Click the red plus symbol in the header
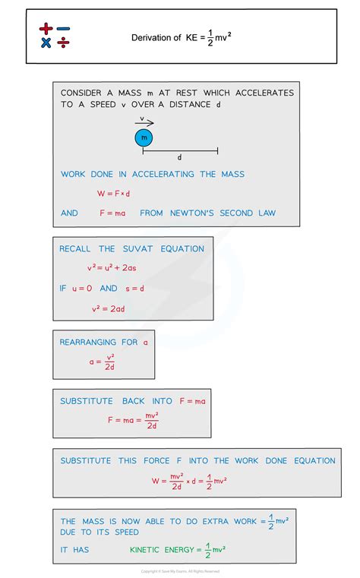pos(46,28)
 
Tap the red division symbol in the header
pos(63,43)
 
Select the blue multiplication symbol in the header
pos(46,43)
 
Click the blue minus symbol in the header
pos(63,28)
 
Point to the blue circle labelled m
pos(144,138)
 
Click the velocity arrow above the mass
pos(144,123)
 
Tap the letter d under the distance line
pos(179,157)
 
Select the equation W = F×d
pos(113,193)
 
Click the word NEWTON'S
pos(192,213)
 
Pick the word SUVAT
pos(137,249)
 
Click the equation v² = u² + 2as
pos(112,267)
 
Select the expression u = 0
pos(82,289)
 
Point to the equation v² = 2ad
pos(109,308)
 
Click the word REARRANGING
pos(87,343)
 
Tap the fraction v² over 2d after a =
pos(110,362)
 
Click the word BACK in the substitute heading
pos(134,401)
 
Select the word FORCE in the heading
pos(156,461)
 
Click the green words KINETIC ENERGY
pos(162,550)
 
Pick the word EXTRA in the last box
pos(216,521)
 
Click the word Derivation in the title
pos(152,38)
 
